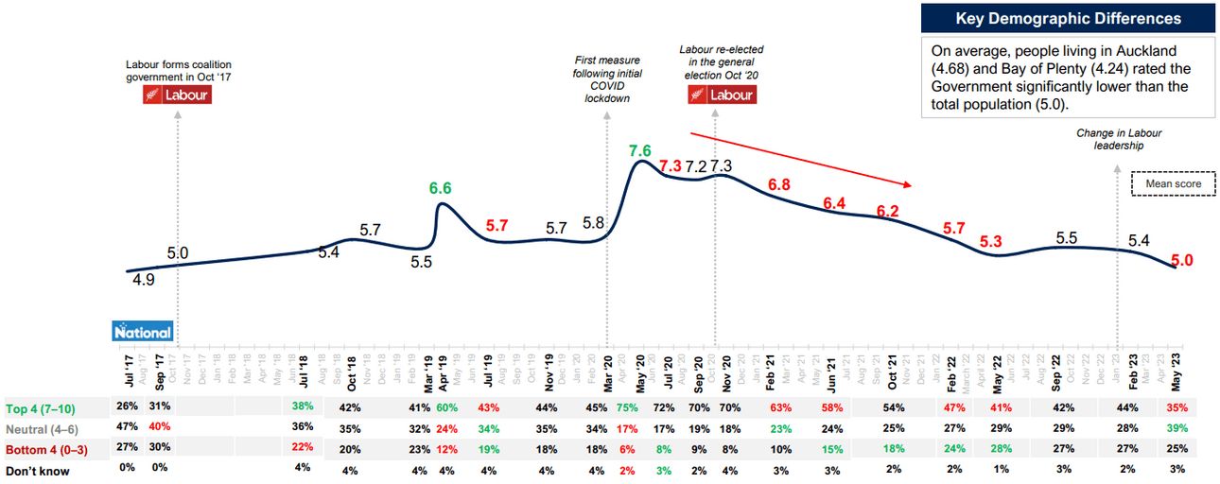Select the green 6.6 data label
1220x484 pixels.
coord(440,188)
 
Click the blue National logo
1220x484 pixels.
coord(143,332)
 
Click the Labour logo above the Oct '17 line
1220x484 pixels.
coord(177,95)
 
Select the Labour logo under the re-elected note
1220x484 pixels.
coord(722,95)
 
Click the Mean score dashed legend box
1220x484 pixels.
coord(1174,183)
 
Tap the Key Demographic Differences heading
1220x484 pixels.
coord(1069,19)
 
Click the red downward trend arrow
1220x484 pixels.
coord(799,159)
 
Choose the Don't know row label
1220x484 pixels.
coord(37,470)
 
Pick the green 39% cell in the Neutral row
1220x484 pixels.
coord(1176,427)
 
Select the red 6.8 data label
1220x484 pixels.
coord(779,184)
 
